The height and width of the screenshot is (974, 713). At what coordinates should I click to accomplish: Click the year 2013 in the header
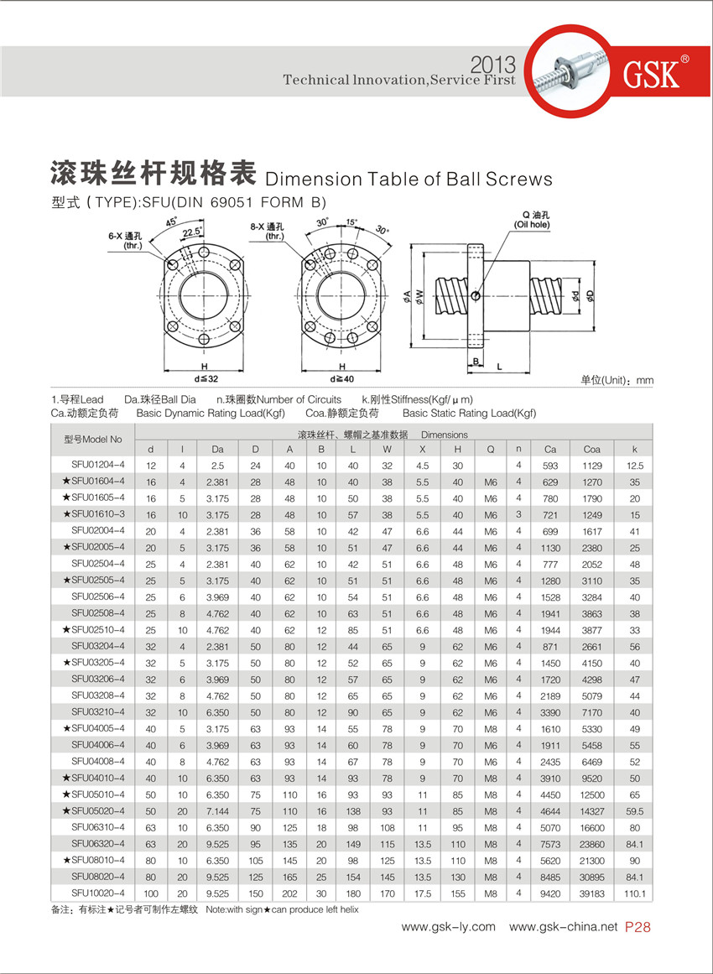[x=495, y=65]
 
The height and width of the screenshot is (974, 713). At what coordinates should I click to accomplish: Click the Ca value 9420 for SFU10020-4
[x=550, y=893]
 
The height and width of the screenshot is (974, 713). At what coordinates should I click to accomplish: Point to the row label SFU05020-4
[x=94, y=810]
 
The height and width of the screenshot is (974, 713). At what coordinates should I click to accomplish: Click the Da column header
[x=217, y=449]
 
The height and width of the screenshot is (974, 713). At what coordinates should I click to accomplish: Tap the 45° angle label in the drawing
[x=172, y=223]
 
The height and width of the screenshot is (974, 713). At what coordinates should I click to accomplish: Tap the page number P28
[x=638, y=927]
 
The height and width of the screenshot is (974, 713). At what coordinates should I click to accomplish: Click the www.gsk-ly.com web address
[x=448, y=927]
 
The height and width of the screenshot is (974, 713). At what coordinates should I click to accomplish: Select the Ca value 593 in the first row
[x=550, y=465]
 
